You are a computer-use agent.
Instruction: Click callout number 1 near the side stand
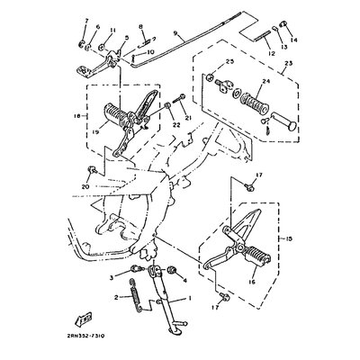coord(188,298)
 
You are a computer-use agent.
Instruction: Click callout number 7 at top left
coord(85,21)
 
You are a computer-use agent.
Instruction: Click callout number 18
coord(85,116)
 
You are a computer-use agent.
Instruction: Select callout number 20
coord(87,186)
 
